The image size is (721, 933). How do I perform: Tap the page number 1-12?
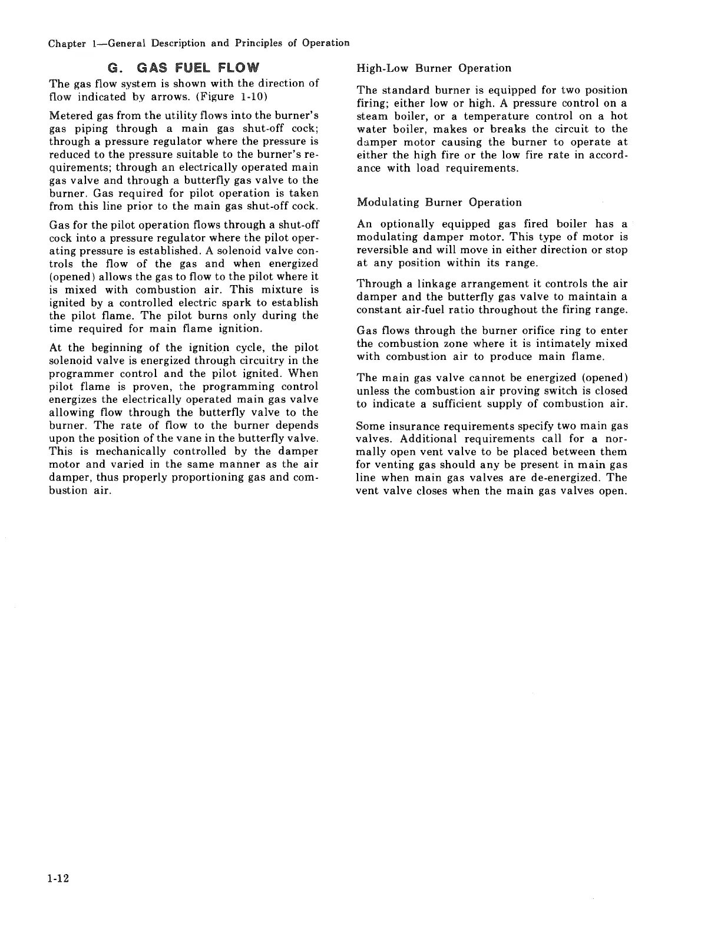59,879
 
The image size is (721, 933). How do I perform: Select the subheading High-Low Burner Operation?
434,68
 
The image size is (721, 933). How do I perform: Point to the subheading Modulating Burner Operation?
439,203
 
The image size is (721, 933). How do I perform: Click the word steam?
372,116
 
